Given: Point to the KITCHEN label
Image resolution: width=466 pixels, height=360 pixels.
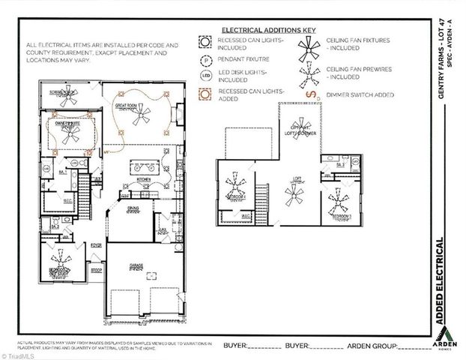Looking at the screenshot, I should click(143, 180).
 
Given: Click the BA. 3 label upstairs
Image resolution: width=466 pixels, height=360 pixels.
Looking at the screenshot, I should click(339, 163).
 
